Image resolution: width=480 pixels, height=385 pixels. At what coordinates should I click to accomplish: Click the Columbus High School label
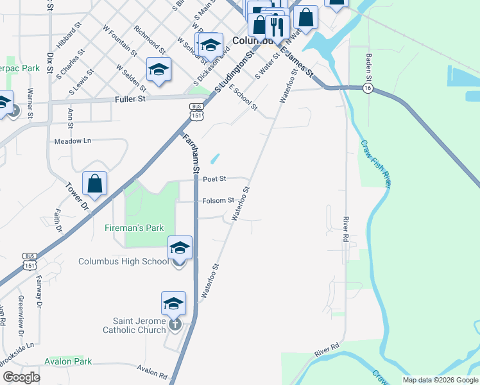[123, 261]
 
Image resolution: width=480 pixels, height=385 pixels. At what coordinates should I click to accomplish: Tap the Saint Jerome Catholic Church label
[134, 325]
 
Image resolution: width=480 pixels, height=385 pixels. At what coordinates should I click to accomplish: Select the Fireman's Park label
[134, 228]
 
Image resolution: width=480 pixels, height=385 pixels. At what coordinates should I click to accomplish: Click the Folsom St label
[218, 201]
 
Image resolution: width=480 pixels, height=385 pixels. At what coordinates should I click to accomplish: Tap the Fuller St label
[130, 99]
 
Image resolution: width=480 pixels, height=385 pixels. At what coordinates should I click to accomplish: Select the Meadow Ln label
[73, 141]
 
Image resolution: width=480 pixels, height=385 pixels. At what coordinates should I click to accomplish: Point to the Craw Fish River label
[376, 164]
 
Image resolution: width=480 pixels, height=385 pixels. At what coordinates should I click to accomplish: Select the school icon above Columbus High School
[180, 247]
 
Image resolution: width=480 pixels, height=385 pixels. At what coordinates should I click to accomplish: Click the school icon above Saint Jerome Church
[173, 303]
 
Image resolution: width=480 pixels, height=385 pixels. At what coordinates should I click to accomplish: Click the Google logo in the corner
[21, 377]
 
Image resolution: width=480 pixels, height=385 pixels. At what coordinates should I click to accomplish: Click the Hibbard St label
[70, 38]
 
